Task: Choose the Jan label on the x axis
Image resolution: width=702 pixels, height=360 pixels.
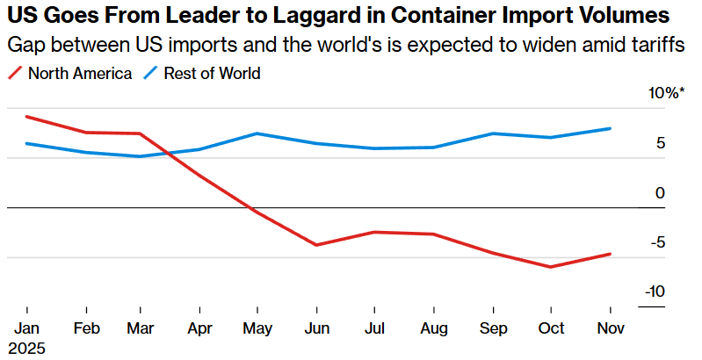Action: tap(28, 328)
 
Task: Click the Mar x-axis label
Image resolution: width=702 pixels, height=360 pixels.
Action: tap(141, 328)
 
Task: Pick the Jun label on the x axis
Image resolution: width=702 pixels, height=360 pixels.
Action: tap(317, 328)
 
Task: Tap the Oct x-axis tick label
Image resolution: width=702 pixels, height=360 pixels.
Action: tap(551, 328)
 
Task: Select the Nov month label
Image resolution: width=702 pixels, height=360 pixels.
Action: tap(610, 328)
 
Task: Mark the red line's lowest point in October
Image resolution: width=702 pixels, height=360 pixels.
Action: tap(551, 267)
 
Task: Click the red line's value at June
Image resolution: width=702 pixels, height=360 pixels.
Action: tap(317, 245)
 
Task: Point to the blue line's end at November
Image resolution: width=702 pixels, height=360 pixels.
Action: tap(610, 128)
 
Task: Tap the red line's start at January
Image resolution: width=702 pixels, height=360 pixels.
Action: tap(28, 117)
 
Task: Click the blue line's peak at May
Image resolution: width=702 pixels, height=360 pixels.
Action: tap(257, 133)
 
